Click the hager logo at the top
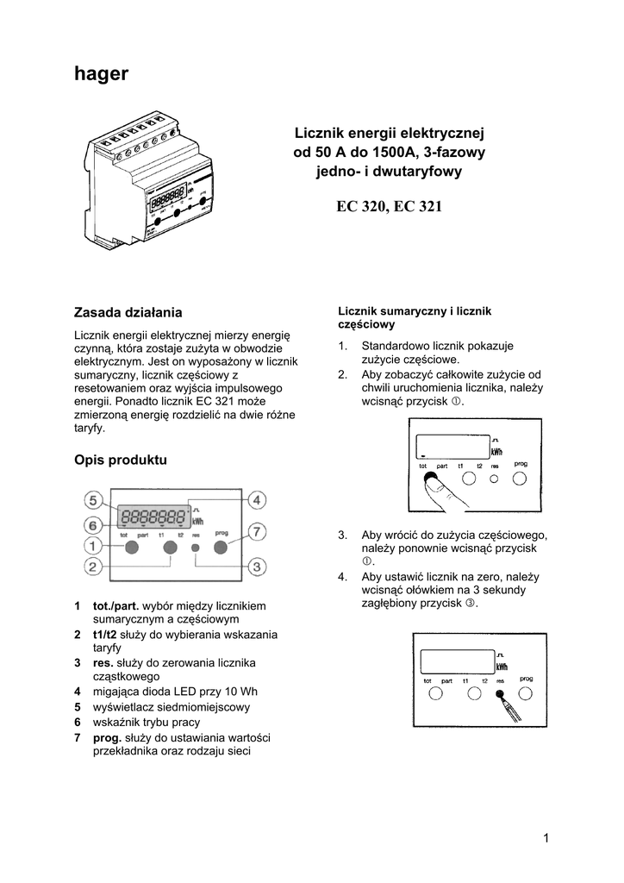[102, 74]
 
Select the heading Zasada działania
[129, 310]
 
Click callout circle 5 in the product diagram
[94, 500]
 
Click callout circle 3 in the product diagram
[256, 567]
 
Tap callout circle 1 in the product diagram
[94, 545]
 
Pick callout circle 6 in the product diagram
[94, 523]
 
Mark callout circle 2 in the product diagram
[94, 567]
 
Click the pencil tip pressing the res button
[498, 695]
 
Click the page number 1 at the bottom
[546, 837]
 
